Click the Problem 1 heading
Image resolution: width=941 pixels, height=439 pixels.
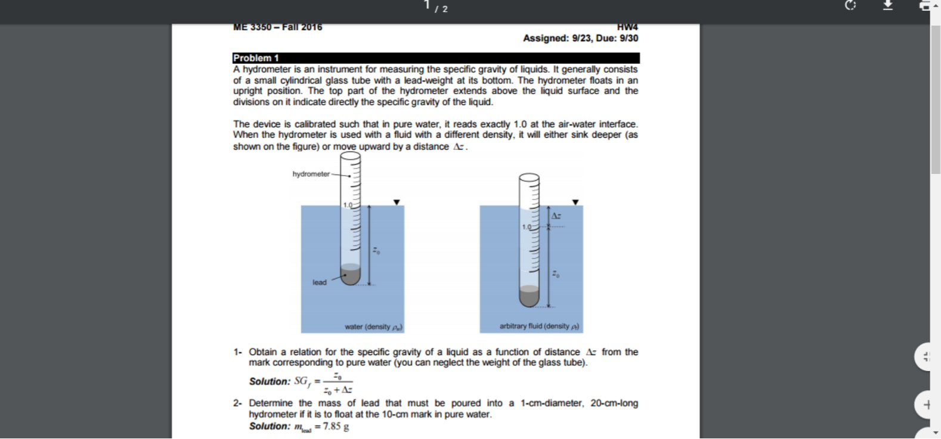pos(256,58)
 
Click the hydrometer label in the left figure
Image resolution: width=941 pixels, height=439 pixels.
pos(311,174)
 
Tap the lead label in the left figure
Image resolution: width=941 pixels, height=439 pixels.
pos(320,282)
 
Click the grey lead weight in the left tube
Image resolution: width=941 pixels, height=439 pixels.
pos(351,275)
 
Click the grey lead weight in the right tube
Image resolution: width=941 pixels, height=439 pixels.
pos(529,295)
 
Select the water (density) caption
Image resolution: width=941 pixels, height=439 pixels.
pos(373,326)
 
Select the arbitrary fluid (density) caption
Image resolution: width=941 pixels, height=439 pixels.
pos(539,326)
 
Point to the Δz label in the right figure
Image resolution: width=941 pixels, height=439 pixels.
pos(556,216)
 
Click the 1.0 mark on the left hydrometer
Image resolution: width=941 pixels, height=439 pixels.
pos(347,205)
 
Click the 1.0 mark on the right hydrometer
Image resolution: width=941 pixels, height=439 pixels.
pos(526,227)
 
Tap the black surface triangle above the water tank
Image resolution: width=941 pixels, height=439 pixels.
pos(397,202)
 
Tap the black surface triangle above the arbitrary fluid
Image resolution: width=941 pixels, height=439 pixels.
pos(575,202)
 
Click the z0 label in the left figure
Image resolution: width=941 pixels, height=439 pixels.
pos(376,251)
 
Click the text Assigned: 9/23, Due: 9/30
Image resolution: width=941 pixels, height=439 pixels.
pos(580,38)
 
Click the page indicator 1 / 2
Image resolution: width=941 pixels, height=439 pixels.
pos(436,7)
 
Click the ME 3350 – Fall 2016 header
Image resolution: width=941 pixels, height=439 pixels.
pos(277,27)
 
